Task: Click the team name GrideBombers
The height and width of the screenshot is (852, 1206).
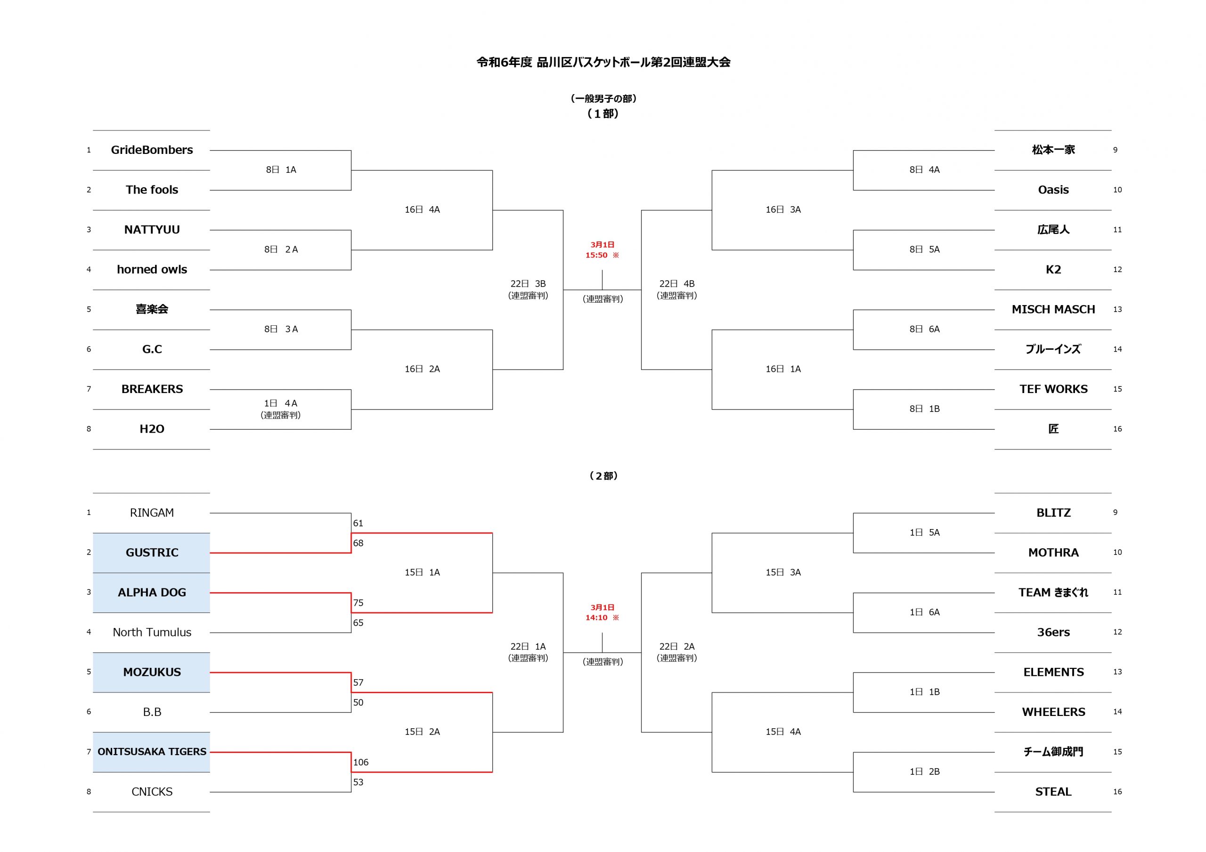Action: (x=152, y=150)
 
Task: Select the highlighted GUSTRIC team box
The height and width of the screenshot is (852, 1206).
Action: (x=151, y=553)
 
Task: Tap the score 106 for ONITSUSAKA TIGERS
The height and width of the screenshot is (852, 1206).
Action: (x=361, y=762)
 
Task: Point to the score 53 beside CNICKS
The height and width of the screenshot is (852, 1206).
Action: (x=358, y=782)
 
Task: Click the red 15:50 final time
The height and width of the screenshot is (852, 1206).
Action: (x=596, y=255)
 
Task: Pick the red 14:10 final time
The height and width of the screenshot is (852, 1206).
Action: (x=596, y=618)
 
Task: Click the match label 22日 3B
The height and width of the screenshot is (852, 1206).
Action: (x=528, y=284)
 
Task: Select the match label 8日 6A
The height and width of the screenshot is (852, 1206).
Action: (x=924, y=329)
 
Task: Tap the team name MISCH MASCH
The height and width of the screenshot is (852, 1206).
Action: (x=1053, y=310)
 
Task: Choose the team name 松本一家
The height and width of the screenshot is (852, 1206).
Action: (x=1053, y=150)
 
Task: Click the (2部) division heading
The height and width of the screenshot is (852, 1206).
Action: (x=603, y=476)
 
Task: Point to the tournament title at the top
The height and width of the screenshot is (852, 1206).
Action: (x=603, y=63)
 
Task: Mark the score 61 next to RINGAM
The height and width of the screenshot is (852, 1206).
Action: (x=358, y=523)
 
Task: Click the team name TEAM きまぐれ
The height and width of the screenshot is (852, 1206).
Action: (x=1053, y=593)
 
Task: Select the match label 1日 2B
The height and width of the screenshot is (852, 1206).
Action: (x=924, y=772)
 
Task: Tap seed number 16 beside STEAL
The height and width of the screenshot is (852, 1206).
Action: (x=1117, y=792)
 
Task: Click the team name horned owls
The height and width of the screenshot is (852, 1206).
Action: (x=152, y=270)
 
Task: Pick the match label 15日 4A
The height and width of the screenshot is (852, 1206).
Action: (x=783, y=732)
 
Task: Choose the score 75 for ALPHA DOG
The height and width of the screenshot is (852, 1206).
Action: (x=358, y=603)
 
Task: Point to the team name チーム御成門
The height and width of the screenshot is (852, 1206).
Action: (x=1053, y=752)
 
